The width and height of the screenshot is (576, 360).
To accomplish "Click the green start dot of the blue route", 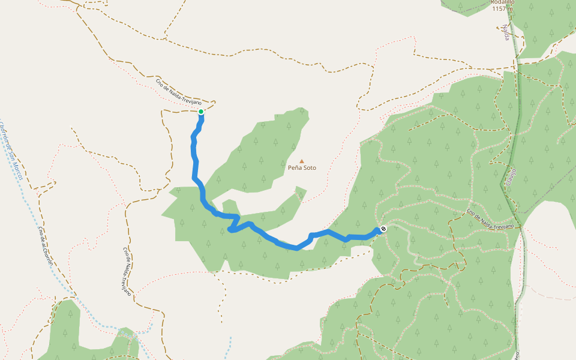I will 201,112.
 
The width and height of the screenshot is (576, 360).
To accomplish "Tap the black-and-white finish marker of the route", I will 383,229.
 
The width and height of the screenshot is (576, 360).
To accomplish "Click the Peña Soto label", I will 302,168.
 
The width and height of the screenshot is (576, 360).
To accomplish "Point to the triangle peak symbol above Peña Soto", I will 302,161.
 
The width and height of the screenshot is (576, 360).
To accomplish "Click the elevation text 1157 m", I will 502,9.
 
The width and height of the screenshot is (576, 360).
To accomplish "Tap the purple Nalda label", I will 507,33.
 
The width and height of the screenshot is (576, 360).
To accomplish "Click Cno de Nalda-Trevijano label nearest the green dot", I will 178,93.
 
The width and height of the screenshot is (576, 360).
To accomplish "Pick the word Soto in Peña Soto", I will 309,168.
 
